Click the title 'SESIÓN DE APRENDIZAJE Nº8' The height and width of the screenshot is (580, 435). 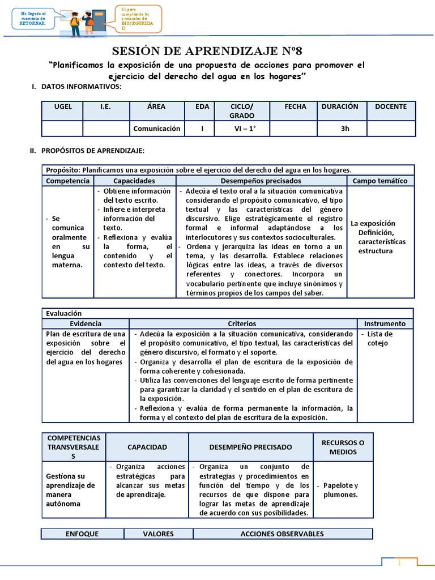(217, 52)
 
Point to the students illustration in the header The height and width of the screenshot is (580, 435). (85, 20)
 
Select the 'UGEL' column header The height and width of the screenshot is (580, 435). (63, 106)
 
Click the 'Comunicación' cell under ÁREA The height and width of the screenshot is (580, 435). (157, 129)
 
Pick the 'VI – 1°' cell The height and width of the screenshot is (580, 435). (242, 129)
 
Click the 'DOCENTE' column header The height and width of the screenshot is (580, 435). (391, 106)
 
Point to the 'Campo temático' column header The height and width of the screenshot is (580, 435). (380, 181)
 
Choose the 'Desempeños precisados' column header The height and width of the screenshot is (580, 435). (261, 181)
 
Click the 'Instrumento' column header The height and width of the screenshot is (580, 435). (385, 323)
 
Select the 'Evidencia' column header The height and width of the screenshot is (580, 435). (86, 323)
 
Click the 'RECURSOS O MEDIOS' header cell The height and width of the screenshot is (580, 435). (343, 447)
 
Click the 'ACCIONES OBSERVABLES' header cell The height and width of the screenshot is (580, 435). (282, 534)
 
